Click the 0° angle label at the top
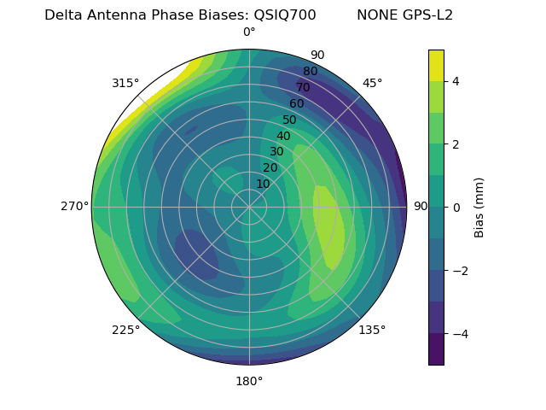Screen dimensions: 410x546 [249, 32]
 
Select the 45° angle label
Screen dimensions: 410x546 [372, 83]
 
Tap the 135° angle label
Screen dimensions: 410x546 [372, 330]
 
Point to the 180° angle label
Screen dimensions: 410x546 [249, 381]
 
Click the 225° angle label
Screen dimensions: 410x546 [125, 330]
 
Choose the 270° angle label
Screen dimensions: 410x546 [74, 207]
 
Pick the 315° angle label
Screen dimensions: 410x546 [125, 83]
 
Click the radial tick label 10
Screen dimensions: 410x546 [263, 184]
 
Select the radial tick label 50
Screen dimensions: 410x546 [290, 120]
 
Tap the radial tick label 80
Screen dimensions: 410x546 [311, 72]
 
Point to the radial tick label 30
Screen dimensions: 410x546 [276, 152]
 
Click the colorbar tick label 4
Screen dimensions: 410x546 [456, 81]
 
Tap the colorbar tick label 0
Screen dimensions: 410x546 [456, 207]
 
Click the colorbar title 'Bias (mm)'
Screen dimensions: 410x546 [479, 207]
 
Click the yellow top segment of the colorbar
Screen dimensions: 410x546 [436, 65]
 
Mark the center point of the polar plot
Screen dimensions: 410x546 [249, 207]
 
